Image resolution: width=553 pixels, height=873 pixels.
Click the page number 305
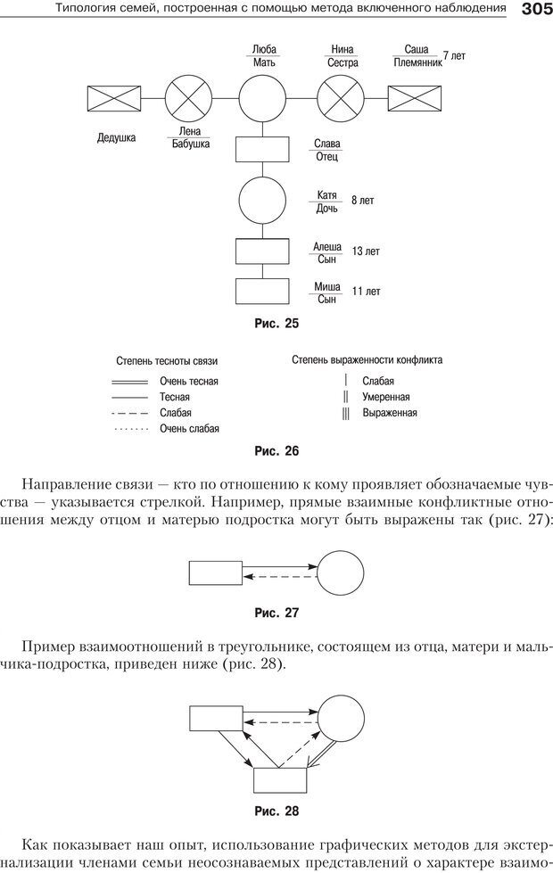[x=533, y=10]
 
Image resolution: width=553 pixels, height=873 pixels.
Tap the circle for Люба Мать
[x=261, y=96]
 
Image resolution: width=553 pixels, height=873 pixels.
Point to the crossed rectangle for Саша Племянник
[x=415, y=96]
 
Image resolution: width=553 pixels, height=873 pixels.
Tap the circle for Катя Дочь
[x=261, y=202]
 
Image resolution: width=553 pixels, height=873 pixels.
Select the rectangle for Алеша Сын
[x=261, y=251]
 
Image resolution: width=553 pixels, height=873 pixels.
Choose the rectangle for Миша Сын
[x=261, y=292]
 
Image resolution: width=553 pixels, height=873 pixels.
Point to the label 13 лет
[x=366, y=251]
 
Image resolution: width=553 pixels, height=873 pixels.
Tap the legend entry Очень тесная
[x=188, y=381]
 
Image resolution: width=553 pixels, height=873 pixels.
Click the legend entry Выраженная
[x=389, y=413]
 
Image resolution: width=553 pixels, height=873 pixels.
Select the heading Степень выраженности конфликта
[x=367, y=360]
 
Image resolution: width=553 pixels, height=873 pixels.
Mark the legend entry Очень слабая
[x=189, y=429]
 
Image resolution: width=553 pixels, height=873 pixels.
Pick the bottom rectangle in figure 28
[x=281, y=779]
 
